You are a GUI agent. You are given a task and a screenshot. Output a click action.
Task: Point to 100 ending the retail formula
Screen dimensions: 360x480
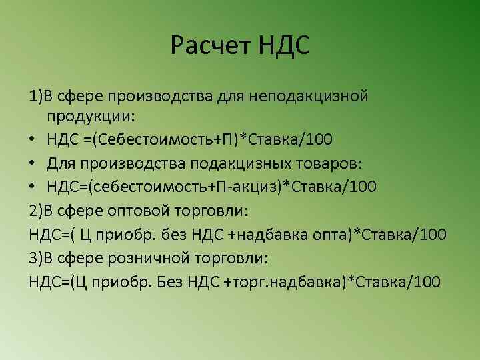[427, 281]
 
